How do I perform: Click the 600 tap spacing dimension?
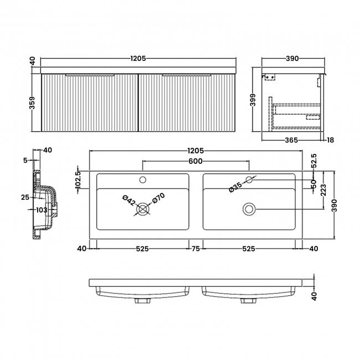(195, 161)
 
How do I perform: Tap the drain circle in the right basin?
(249, 208)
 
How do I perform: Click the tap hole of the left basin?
(143, 179)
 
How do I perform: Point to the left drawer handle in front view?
(90, 74)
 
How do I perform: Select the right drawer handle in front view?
(186, 74)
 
